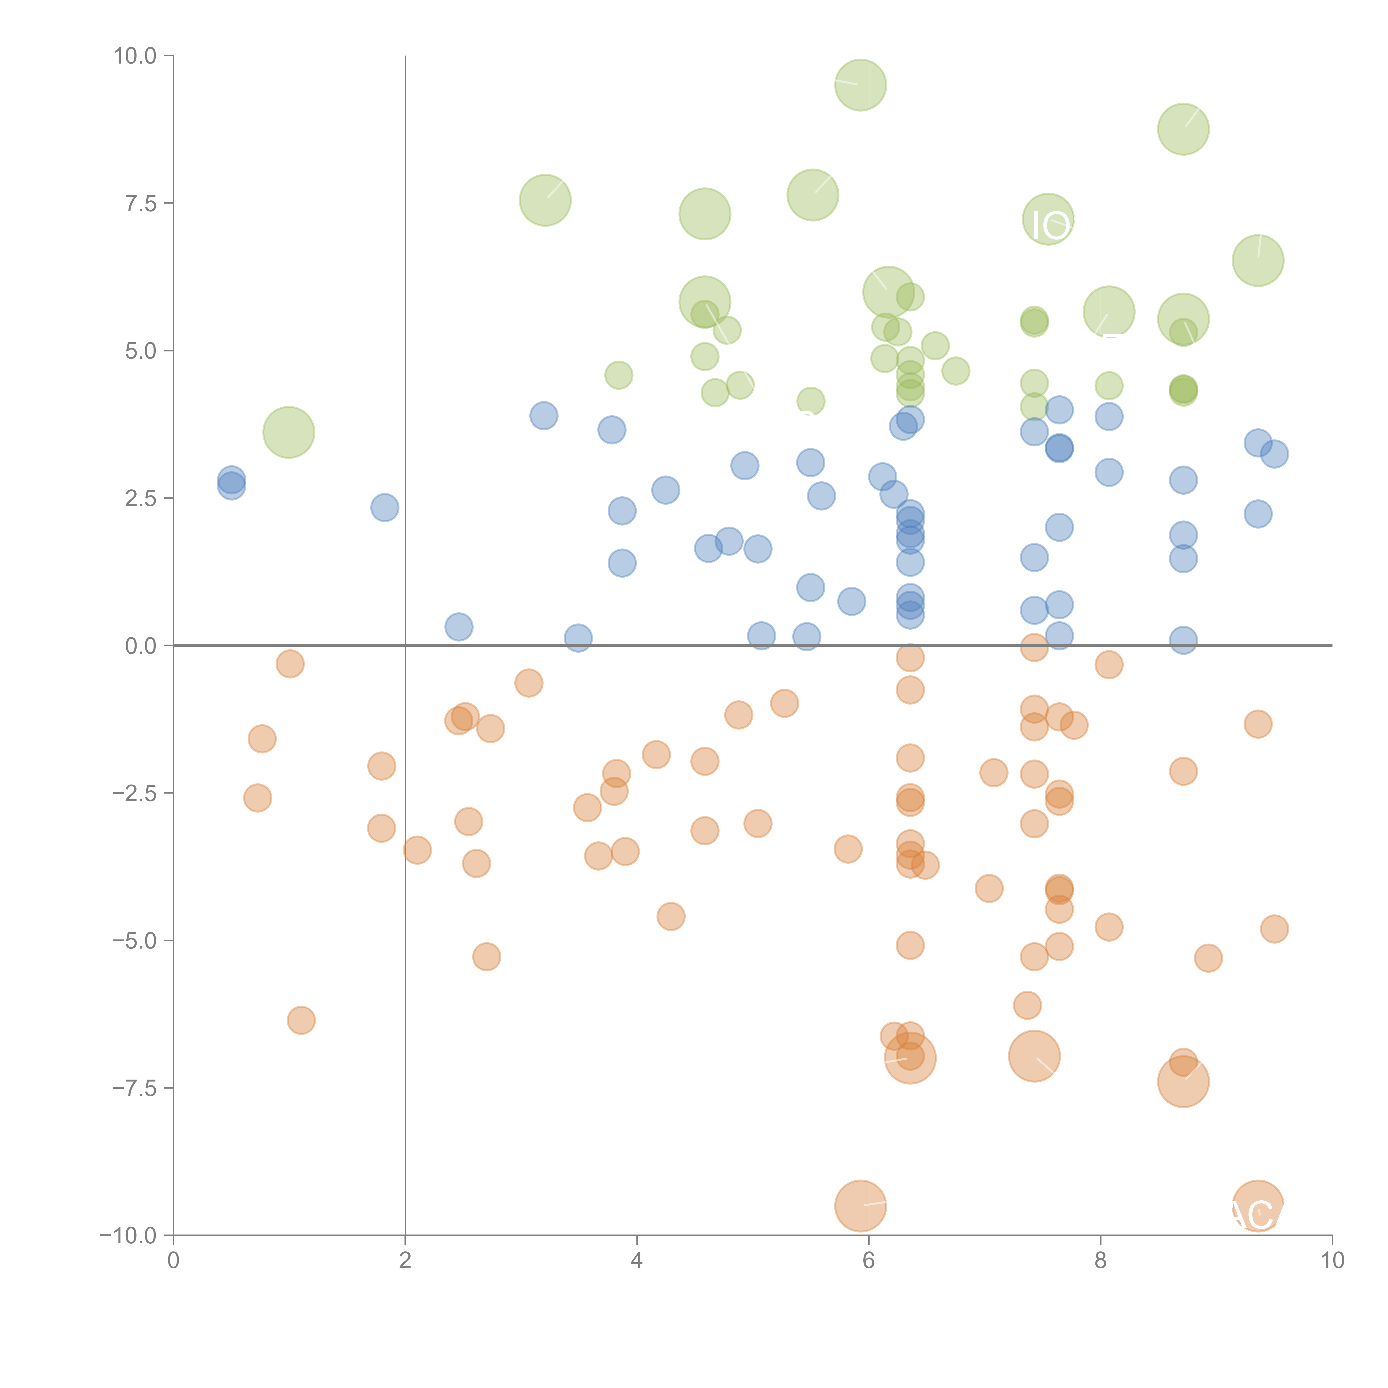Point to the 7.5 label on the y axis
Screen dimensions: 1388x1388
click(141, 203)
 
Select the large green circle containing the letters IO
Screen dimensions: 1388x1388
click(1048, 219)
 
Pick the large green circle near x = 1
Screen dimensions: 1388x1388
click(289, 432)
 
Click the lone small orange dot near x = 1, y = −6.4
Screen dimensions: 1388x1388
click(301, 1020)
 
